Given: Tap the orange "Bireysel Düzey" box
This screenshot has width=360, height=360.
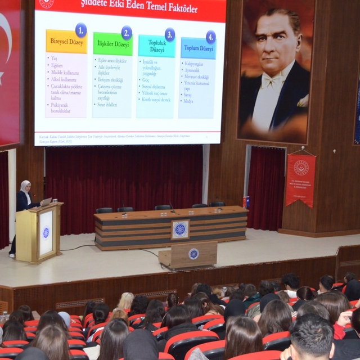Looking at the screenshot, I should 66,41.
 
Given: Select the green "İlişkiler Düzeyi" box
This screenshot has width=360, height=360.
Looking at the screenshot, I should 112,44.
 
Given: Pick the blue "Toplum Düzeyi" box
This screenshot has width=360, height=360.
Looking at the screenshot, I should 198,48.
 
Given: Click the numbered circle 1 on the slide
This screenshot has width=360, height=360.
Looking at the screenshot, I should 81,29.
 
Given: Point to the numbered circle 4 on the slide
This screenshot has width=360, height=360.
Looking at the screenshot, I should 211,37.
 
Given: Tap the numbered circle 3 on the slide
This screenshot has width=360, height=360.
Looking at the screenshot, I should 169,34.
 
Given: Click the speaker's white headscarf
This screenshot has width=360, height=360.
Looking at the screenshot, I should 25,186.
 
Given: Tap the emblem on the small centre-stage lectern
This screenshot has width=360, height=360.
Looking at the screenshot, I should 193,254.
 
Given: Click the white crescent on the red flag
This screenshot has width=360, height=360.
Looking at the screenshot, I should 4,45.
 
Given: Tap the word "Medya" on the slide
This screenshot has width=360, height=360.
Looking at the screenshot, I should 188,101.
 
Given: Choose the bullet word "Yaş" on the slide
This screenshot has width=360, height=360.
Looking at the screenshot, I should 55,58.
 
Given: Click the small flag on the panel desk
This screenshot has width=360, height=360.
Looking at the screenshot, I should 246,201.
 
